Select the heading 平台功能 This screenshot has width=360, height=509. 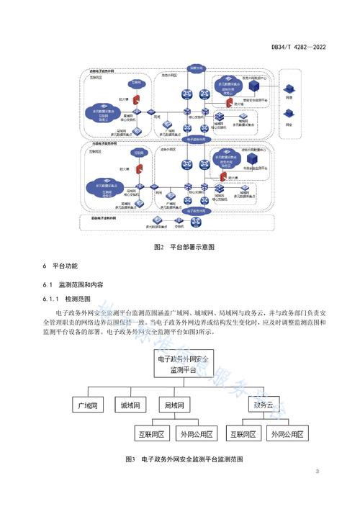pyautogui.click(x=68, y=268)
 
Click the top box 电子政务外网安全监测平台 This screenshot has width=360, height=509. pyautogui.click(x=181, y=364)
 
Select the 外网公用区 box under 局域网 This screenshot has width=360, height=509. pyautogui.click(x=199, y=434)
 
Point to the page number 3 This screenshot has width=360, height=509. pyautogui.click(x=317, y=472)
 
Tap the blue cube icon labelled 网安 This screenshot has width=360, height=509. pyautogui.click(x=289, y=112)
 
